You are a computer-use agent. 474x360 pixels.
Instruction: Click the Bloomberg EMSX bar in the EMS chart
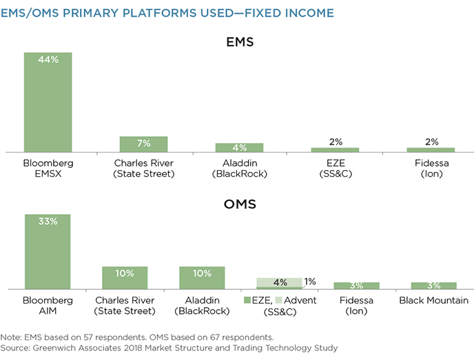click(x=48, y=103)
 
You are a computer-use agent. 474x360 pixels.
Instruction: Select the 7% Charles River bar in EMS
click(x=143, y=145)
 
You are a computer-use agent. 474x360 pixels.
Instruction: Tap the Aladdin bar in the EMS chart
click(x=240, y=148)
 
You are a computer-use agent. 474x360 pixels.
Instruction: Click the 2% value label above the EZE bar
click(x=336, y=142)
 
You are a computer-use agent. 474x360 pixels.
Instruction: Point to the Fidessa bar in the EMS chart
click(x=431, y=150)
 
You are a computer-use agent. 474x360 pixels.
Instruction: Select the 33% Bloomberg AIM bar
click(x=48, y=252)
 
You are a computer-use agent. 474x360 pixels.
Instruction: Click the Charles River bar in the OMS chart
click(x=125, y=278)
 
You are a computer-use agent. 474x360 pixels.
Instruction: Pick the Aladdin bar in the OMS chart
click(x=203, y=278)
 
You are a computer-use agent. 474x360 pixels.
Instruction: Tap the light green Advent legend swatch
click(x=278, y=300)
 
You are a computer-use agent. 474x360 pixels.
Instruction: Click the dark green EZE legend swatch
click(x=247, y=300)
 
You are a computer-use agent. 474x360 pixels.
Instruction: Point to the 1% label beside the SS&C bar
click(x=310, y=282)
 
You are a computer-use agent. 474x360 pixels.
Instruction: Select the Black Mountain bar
click(x=434, y=286)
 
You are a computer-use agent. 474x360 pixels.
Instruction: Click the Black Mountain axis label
click(x=433, y=300)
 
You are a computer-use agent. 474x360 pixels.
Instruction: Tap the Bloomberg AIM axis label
click(x=48, y=306)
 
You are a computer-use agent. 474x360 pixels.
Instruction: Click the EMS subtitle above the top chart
click(x=240, y=42)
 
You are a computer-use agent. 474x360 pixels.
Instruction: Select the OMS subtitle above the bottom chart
click(x=240, y=204)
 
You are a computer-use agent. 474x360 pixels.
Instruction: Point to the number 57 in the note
click(x=88, y=337)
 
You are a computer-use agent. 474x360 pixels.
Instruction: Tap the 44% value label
click(x=48, y=59)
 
